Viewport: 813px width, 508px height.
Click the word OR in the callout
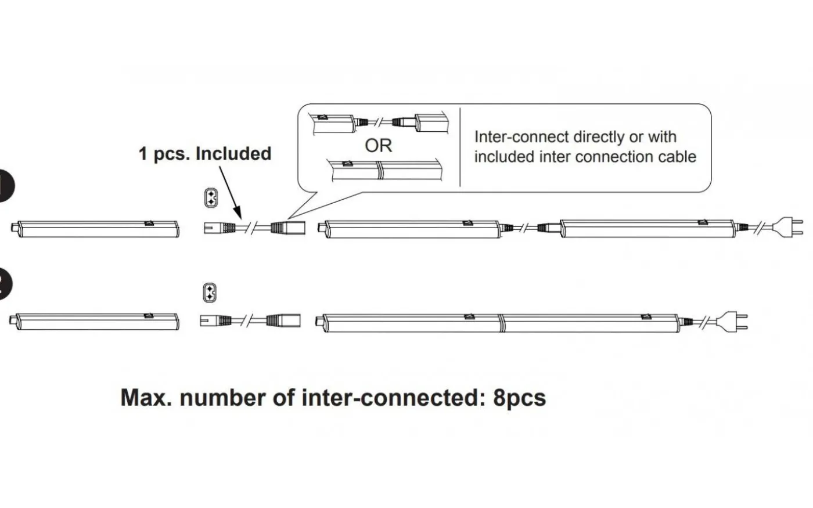[379, 145]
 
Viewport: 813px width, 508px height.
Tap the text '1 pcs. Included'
[204, 154]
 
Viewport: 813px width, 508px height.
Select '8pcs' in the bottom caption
[520, 398]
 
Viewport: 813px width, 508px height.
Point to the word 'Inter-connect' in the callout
[521, 137]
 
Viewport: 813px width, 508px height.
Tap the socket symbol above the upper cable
[210, 198]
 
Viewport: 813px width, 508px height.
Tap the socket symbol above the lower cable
[210, 293]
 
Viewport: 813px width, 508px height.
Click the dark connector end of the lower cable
[283, 320]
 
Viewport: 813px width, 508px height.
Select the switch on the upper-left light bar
[149, 222]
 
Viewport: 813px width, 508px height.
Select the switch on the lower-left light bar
[149, 316]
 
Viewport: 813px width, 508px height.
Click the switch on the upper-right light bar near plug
[702, 221]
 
